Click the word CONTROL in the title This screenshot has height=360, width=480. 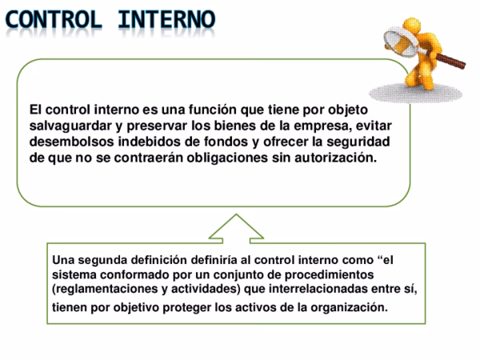coord(58,18)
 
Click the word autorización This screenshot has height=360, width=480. coord(335,158)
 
